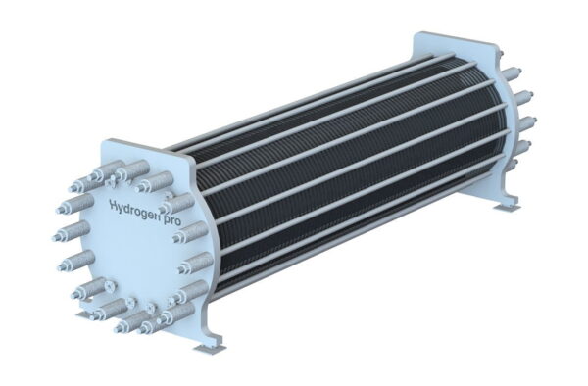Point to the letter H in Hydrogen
[114, 205]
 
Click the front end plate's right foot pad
[208, 347]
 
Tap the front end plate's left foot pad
[83, 315]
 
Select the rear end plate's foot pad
[506, 207]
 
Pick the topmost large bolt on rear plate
[513, 72]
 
